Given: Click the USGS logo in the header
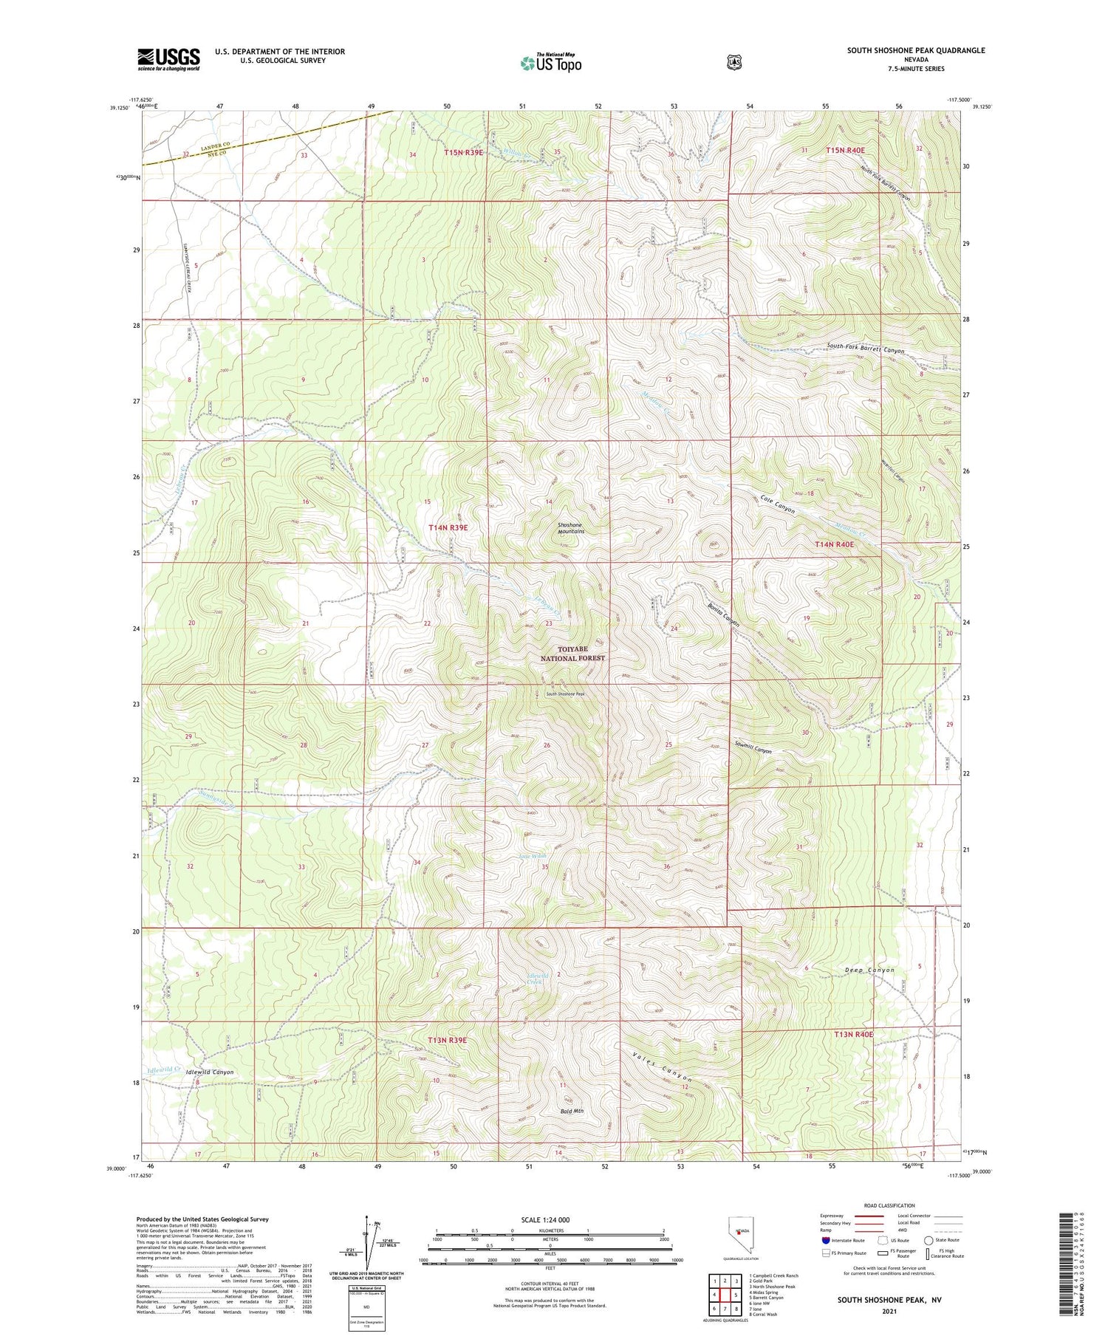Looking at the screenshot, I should (x=168, y=59).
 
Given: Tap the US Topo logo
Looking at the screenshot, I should (x=550, y=64).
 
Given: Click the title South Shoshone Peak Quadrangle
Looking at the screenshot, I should (x=915, y=50).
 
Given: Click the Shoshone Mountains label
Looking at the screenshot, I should (x=571, y=528).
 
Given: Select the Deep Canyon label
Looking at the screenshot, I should (x=869, y=970).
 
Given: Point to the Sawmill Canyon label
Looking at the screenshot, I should (x=753, y=750).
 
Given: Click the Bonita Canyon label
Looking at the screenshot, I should (x=723, y=614).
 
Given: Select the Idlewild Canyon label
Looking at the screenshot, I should (x=210, y=1072).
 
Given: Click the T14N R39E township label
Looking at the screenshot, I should (x=448, y=527).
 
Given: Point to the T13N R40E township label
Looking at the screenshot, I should (x=853, y=1034).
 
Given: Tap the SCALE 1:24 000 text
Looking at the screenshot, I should (x=545, y=1219).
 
